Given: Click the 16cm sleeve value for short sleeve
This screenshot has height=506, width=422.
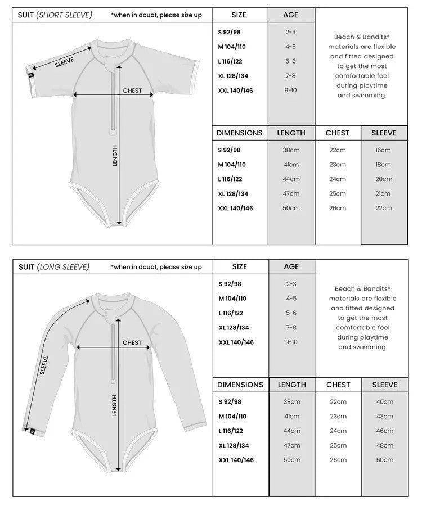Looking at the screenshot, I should point(383,150).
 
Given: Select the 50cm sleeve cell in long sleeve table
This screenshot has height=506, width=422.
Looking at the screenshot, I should point(385,460).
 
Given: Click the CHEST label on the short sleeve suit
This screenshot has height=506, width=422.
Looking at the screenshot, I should point(132,91).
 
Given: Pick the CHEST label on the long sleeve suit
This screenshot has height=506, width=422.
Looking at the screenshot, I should point(132,342).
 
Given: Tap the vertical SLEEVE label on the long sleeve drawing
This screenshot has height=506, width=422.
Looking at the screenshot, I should point(44,365).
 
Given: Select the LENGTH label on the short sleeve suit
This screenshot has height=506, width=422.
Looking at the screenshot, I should point(115,156).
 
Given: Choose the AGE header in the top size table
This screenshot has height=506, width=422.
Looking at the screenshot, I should point(291,15).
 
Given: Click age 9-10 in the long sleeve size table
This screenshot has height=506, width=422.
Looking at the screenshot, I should point(291,342).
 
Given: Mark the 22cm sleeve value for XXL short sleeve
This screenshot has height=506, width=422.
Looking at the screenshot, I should point(383,208).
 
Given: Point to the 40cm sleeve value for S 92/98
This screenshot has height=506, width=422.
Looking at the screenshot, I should point(385,401).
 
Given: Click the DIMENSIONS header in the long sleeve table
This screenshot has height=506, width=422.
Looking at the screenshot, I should point(240,385).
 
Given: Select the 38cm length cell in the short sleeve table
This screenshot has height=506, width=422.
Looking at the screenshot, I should point(291,150).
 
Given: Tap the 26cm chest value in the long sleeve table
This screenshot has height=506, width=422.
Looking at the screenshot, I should point(338,460).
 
